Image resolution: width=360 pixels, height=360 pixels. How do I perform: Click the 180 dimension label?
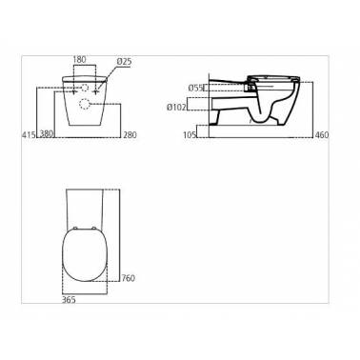coord(79,60)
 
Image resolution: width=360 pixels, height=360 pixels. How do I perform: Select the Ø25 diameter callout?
coord(124,62)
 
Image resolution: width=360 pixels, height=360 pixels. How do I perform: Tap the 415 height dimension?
coord(29,134)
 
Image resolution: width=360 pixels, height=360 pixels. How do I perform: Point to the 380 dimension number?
coord(47,134)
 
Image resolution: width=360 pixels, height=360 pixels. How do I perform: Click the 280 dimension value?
coord(130,135)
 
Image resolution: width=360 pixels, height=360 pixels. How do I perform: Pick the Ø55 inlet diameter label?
coord(195,88)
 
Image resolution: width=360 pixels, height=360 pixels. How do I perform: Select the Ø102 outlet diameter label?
coord(176,108)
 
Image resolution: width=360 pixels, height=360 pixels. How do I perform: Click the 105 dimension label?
coord(190,135)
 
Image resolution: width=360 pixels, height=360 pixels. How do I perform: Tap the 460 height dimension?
coord(322,135)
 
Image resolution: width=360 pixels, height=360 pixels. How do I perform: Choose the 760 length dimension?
coord(129,278)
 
